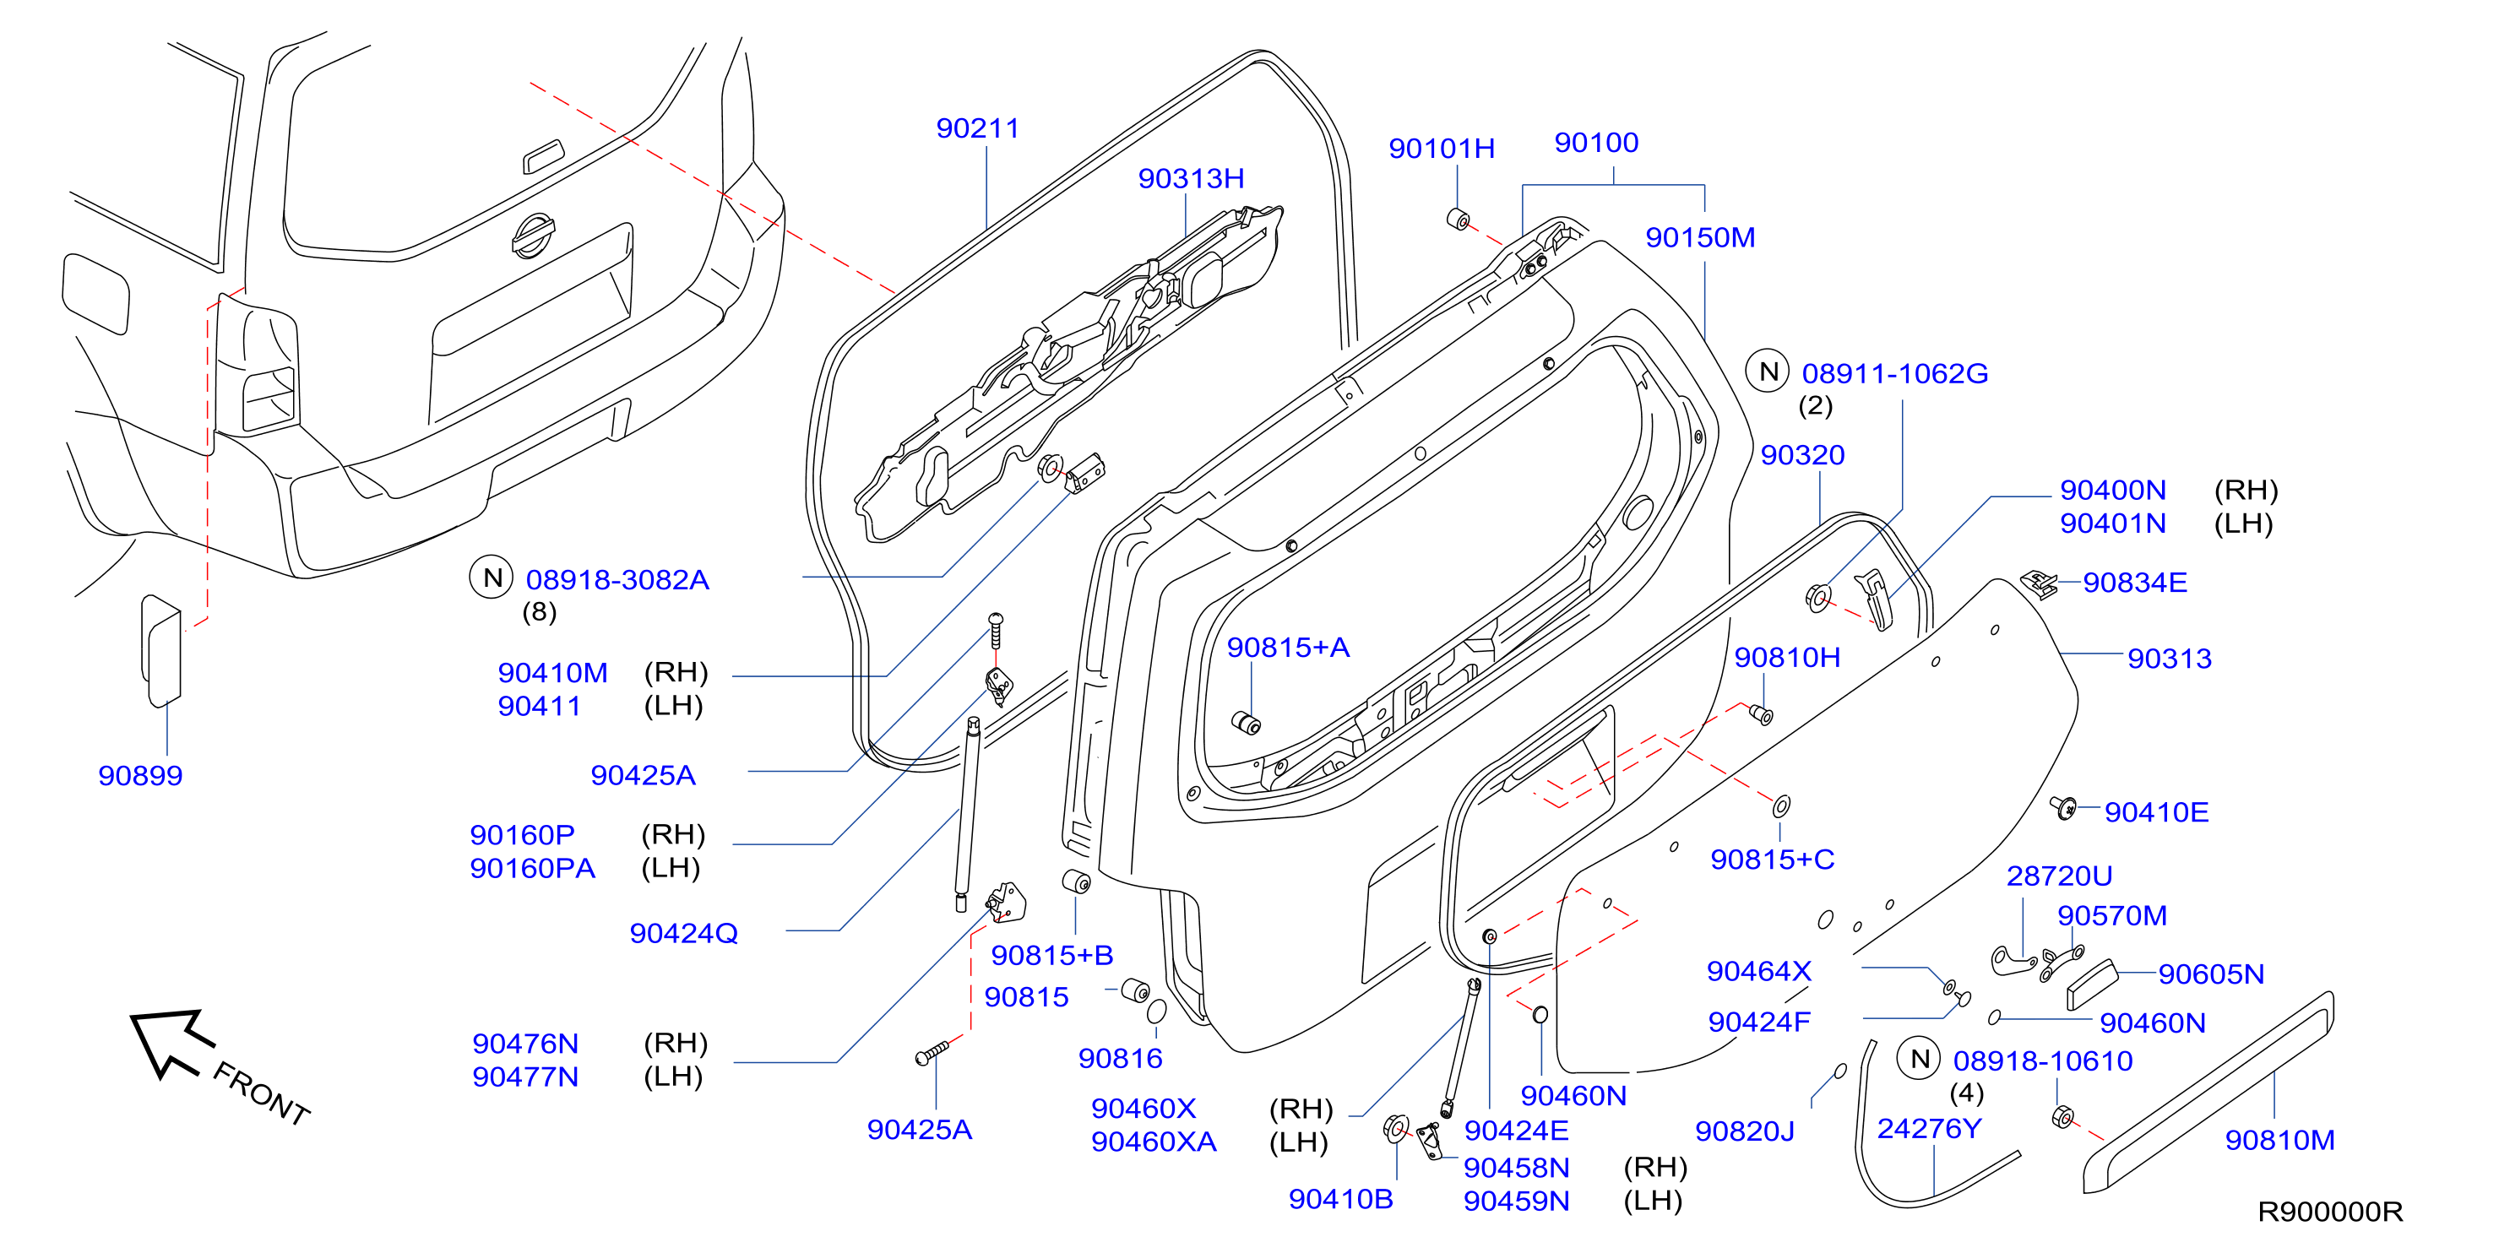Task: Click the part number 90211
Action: pyautogui.click(x=977, y=128)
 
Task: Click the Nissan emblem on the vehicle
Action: pyautogui.click(x=533, y=236)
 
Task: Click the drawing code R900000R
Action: pyautogui.click(x=2330, y=1212)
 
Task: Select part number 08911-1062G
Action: pyautogui.click(x=1894, y=373)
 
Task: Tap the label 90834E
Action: pyautogui.click(x=2134, y=583)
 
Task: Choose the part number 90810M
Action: pyautogui.click(x=2279, y=1141)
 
